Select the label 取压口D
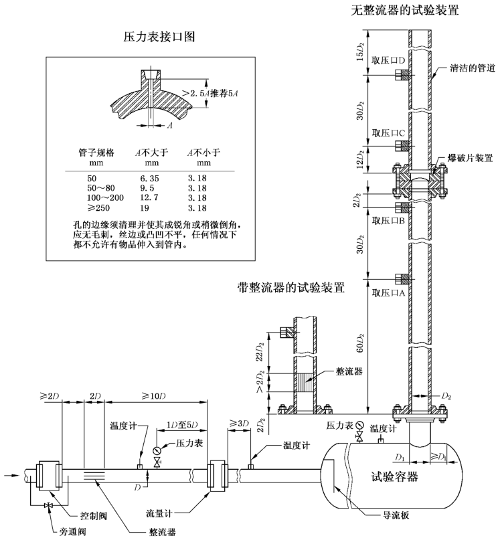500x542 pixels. pyautogui.click(x=386, y=60)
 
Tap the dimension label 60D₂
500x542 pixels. pyautogui.click(x=360, y=342)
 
